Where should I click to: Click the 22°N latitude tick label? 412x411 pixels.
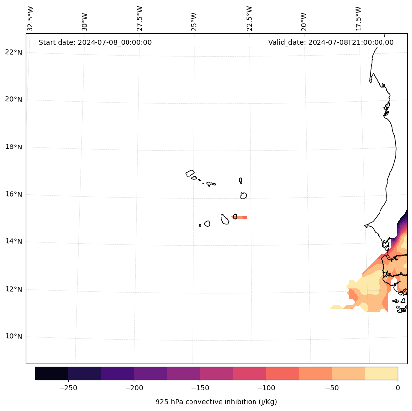tap(13, 52)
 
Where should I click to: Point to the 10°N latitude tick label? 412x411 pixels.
tap(13, 337)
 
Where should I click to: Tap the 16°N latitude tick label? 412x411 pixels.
tap(13, 194)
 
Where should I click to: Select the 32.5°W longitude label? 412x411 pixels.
tap(31, 19)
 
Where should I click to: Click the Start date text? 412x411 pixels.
tap(95, 42)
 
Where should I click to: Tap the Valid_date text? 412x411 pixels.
tap(331, 42)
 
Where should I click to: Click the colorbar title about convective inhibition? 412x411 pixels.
tap(216, 402)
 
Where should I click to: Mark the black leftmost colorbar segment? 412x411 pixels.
tap(52, 373)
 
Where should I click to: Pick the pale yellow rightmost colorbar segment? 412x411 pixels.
tap(381, 373)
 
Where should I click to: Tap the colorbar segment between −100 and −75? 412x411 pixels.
tap(282, 373)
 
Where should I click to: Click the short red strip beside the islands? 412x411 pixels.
tap(241, 217)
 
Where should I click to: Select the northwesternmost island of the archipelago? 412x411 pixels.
tap(190, 173)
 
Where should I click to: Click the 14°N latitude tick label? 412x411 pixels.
tap(13, 242)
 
